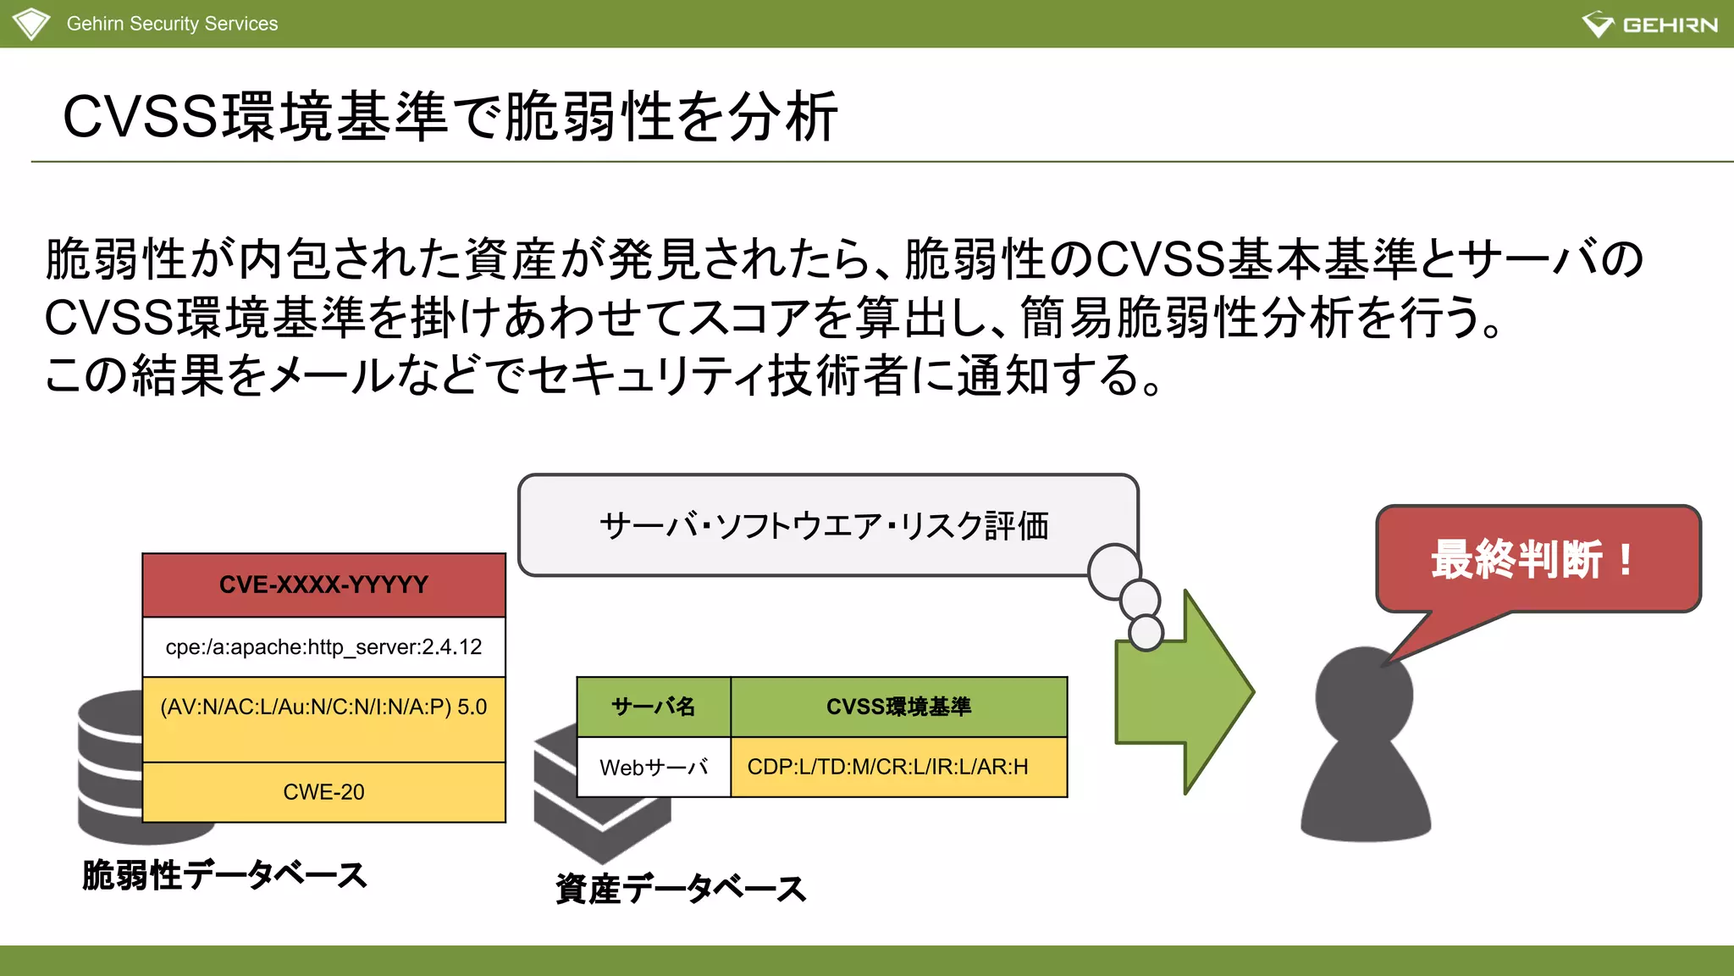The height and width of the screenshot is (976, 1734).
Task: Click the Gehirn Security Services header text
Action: pyautogui.click(x=172, y=24)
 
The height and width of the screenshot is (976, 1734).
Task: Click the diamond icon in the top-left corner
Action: pyautogui.click(x=31, y=23)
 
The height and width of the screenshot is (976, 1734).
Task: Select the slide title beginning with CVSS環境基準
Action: pyautogui.click(x=450, y=117)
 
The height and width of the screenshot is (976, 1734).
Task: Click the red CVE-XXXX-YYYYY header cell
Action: pyautogui.click(x=323, y=585)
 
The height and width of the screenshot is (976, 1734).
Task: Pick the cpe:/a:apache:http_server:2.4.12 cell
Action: pyautogui.click(x=323, y=647)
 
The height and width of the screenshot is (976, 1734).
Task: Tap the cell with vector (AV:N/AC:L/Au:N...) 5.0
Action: pyautogui.click(x=323, y=708)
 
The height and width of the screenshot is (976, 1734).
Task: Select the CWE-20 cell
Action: pyautogui.click(x=323, y=792)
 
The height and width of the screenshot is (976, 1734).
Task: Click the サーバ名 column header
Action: pyautogui.click(x=653, y=707)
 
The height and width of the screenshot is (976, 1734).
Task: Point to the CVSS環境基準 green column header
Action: pyautogui.click(x=898, y=707)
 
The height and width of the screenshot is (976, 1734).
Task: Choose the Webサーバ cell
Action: pyautogui.click(x=653, y=768)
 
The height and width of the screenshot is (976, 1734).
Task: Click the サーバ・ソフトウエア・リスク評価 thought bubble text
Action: pyautogui.click(x=823, y=526)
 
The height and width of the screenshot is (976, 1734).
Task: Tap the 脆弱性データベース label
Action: pyautogui.click(x=224, y=875)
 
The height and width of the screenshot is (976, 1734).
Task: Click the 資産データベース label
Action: pyautogui.click(x=681, y=889)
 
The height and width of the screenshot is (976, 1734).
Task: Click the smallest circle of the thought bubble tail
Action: pyautogui.click(x=1146, y=632)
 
